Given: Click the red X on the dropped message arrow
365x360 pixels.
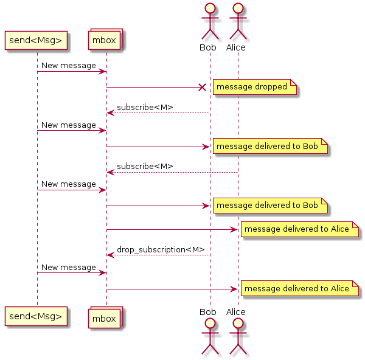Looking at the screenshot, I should [203, 87].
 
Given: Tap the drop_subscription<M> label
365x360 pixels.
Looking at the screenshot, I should [161, 249].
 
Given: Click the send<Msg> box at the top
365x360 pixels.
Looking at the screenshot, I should [36, 40].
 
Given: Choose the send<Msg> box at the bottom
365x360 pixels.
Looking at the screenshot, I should [36, 316].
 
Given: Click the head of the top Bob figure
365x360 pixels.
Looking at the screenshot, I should [210, 9].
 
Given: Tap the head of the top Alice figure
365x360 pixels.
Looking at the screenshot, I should [238, 9].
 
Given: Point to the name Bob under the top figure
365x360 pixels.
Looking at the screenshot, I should [208, 47].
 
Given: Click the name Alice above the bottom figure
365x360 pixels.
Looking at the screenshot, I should [236, 312].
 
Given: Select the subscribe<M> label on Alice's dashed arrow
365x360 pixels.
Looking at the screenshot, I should [145, 166].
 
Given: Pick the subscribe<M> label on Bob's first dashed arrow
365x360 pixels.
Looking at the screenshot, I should [145, 107].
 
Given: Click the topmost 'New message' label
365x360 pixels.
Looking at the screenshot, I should [69, 66].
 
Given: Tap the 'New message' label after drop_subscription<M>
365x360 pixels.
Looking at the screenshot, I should [69, 268].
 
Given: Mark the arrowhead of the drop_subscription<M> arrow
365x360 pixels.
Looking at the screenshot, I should [110, 255].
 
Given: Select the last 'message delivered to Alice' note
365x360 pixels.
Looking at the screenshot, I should [296, 289].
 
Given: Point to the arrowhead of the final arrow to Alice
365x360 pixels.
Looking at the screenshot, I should [234, 289].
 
